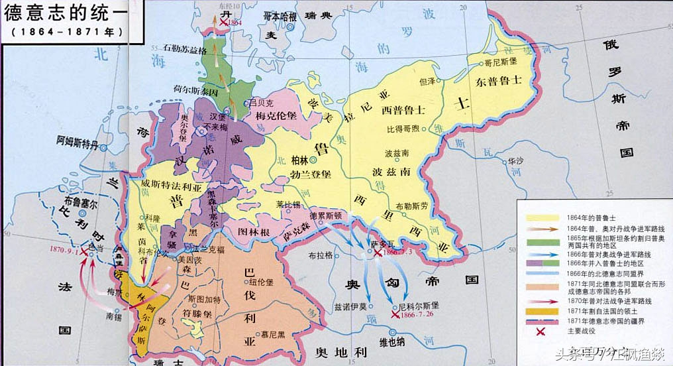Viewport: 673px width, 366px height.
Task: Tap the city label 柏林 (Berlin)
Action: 300,160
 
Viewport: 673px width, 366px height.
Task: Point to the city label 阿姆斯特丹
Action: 80,141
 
